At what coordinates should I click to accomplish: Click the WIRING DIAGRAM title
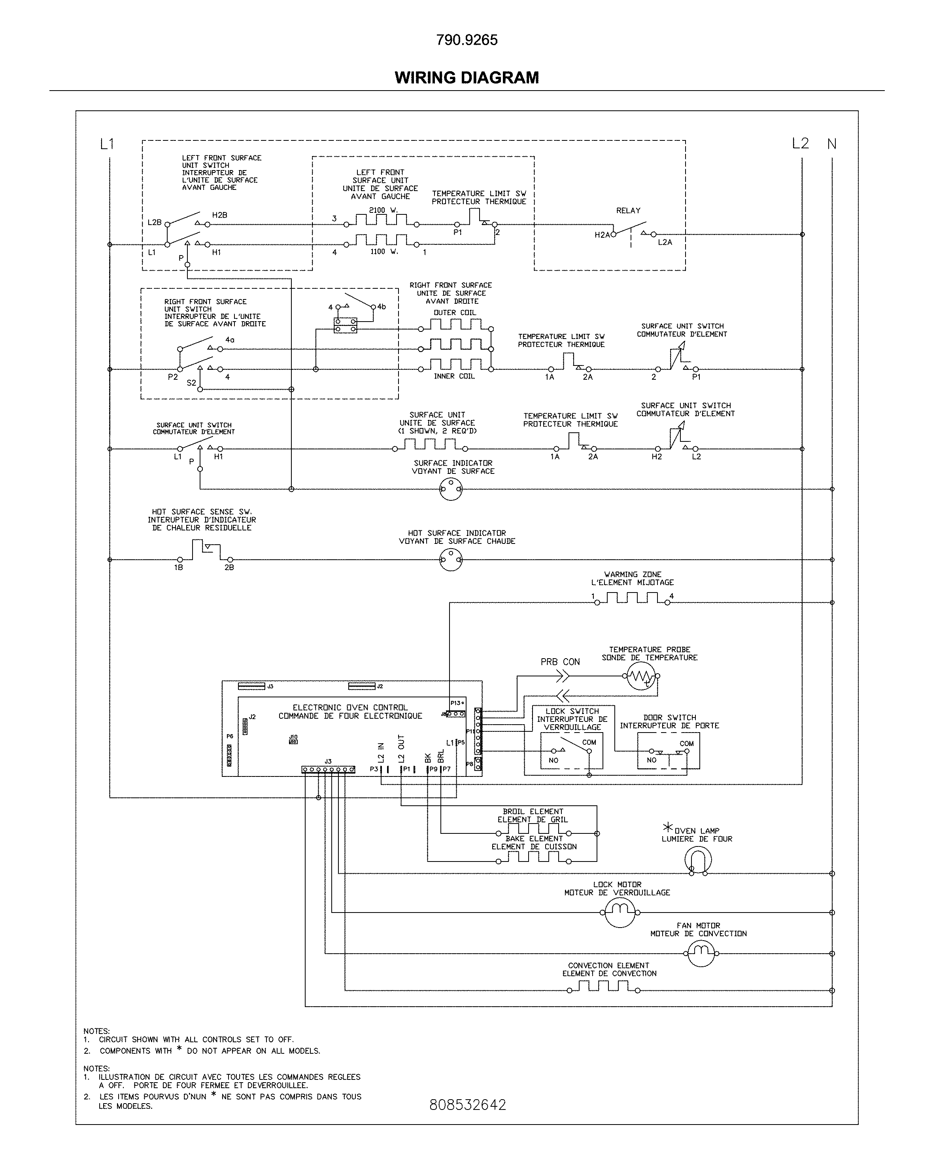[x=467, y=78]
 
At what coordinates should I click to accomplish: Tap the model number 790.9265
[x=467, y=40]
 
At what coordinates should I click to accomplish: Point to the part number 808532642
[x=467, y=1104]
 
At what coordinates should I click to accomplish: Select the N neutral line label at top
[x=831, y=144]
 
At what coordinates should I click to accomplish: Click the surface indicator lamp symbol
[x=451, y=489]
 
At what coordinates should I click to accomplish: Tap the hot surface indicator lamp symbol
[x=451, y=560]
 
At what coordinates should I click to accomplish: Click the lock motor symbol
[x=620, y=912]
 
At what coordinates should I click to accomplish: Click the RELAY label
[x=628, y=211]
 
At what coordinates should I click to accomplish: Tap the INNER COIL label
[x=454, y=377]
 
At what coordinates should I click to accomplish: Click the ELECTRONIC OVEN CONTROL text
[x=350, y=707]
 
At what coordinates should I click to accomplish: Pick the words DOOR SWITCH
[x=669, y=718]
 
